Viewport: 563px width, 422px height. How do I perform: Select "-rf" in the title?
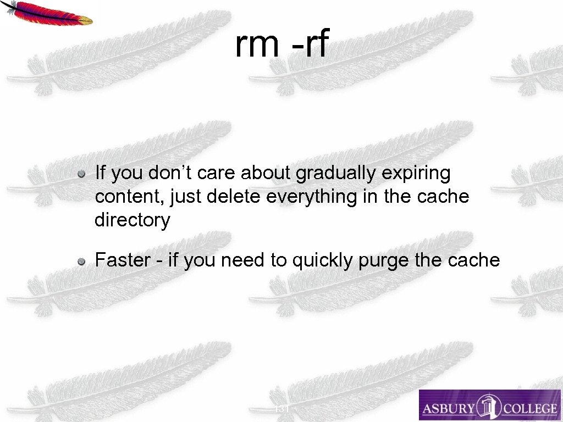click(x=310, y=45)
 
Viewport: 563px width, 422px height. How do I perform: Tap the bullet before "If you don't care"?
click(x=81, y=174)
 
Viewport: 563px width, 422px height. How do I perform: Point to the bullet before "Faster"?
click(x=81, y=261)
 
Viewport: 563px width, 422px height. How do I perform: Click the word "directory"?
click(x=133, y=220)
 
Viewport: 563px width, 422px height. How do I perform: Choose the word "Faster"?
click(x=123, y=260)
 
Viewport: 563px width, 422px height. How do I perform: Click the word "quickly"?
click(x=323, y=260)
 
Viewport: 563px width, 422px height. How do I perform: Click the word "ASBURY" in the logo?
click(x=446, y=408)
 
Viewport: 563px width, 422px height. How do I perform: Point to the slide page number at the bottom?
click(x=281, y=409)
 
